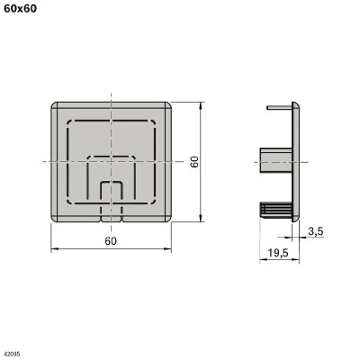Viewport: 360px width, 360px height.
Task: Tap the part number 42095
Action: tap(13, 354)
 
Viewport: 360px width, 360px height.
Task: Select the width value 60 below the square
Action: tap(111, 241)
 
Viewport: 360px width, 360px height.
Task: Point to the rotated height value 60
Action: tap(193, 161)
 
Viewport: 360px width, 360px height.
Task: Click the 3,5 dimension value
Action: tap(315, 232)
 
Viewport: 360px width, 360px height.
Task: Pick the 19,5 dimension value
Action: tap(278, 253)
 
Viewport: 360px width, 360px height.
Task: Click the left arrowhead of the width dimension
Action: tap(53, 248)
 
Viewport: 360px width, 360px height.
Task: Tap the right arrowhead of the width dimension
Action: tap(170, 248)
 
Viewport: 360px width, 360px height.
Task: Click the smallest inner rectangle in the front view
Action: tap(111, 194)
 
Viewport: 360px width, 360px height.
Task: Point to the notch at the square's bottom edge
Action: tap(111, 217)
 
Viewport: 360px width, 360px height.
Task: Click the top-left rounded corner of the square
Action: tap(55, 103)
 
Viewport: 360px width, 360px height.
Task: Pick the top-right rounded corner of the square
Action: tap(168, 103)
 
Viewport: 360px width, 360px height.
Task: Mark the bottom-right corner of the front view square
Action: tap(169, 219)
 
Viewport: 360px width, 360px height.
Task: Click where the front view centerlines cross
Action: tap(111, 161)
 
